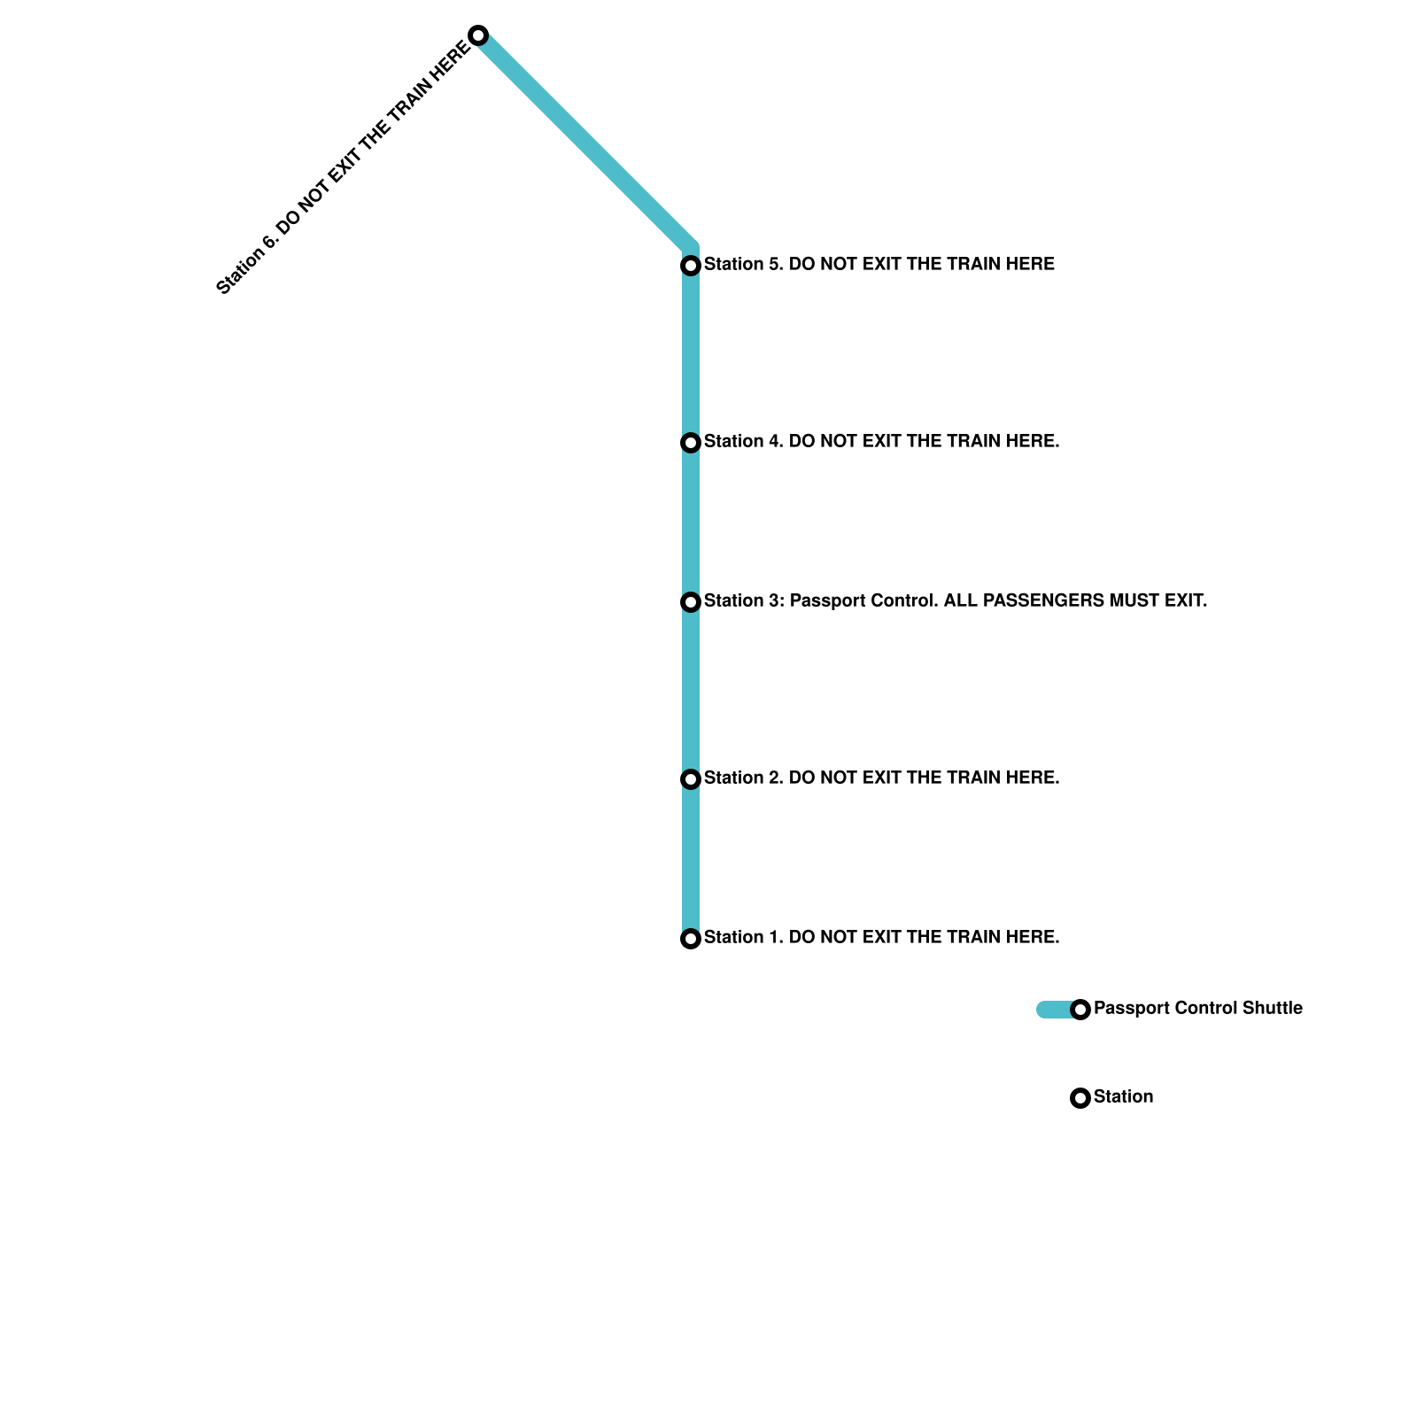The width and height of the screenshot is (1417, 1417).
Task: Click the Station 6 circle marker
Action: [478, 35]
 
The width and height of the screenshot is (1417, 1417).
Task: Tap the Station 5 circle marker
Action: [691, 265]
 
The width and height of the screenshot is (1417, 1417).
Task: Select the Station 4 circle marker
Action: [691, 442]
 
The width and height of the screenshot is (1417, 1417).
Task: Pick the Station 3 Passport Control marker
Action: [691, 602]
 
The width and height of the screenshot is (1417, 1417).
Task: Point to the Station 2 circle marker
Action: [691, 779]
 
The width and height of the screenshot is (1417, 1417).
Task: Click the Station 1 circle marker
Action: [691, 939]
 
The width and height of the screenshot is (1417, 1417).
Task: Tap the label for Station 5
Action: [879, 264]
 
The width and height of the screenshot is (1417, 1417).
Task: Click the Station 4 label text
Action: [881, 441]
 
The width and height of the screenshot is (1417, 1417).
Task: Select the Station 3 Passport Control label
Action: [955, 600]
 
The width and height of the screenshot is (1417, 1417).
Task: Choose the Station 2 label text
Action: [881, 778]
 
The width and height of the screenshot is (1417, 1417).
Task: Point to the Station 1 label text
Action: [881, 937]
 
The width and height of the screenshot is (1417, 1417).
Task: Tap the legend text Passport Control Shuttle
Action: [1197, 1008]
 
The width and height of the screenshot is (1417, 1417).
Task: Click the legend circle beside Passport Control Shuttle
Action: [1080, 1010]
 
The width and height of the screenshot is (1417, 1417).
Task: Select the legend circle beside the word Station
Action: [1080, 1098]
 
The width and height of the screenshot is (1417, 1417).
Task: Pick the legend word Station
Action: [1123, 1096]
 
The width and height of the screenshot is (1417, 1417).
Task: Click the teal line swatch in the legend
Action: [1054, 1010]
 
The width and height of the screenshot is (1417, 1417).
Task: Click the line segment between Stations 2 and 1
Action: [691, 859]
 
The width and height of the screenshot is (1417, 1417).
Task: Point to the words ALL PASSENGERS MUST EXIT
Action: [1075, 600]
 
